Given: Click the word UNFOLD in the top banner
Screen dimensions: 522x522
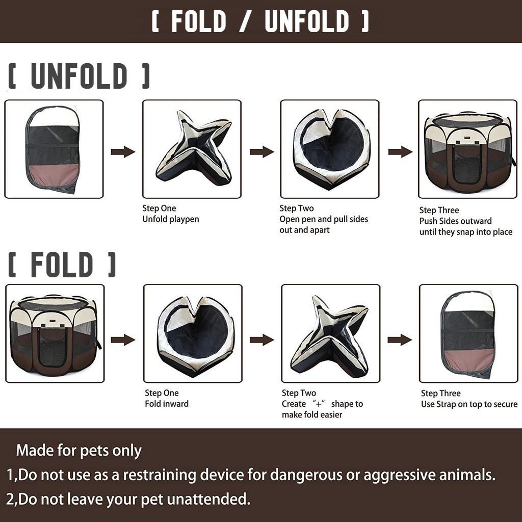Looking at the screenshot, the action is (x=307, y=21).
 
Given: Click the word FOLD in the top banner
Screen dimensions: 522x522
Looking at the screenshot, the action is (x=199, y=21).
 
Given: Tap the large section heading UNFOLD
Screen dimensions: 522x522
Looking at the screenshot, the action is (x=79, y=76).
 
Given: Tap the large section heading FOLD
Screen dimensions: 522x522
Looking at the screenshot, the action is (x=62, y=265).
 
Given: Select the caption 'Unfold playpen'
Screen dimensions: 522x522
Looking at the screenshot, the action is (x=171, y=219).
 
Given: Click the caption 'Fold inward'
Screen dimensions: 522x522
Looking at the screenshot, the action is (x=167, y=404).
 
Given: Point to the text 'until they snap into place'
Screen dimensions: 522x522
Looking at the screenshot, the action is (x=466, y=232).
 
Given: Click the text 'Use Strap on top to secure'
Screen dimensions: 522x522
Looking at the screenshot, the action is (x=469, y=404).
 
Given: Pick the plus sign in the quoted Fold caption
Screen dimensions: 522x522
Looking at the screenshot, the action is (x=319, y=404).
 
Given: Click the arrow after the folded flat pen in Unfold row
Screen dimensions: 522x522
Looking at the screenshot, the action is (x=123, y=152).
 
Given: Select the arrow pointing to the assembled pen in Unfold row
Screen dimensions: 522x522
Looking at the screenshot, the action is (x=400, y=152).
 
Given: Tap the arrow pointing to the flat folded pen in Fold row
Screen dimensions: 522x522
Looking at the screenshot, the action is (x=400, y=340).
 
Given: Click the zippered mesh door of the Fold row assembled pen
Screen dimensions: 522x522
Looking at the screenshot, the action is (x=52, y=347).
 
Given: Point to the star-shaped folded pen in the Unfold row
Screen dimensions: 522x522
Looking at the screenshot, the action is (x=194, y=148).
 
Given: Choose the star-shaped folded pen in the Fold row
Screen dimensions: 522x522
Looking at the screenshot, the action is (x=330, y=336).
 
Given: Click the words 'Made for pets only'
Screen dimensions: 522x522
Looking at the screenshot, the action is (x=79, y=451).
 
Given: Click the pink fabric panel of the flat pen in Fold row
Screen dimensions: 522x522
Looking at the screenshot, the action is (x=469, y=359).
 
